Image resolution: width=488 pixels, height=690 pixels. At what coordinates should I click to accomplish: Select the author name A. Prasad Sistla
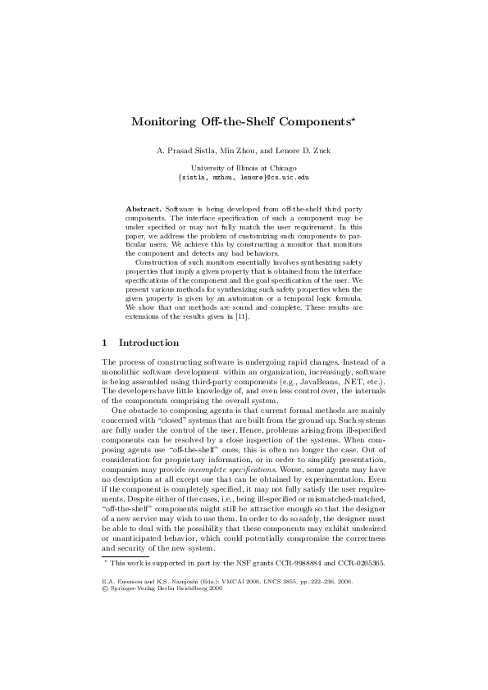(x=183, y=151)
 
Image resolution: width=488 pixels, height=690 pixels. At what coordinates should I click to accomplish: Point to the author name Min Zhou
(x=232, y=151)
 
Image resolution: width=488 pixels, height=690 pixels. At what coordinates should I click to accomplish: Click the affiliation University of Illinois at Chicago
(x=244, y=168)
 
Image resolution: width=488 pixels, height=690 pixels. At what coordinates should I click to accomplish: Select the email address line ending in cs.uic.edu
(x=244, y=176)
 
